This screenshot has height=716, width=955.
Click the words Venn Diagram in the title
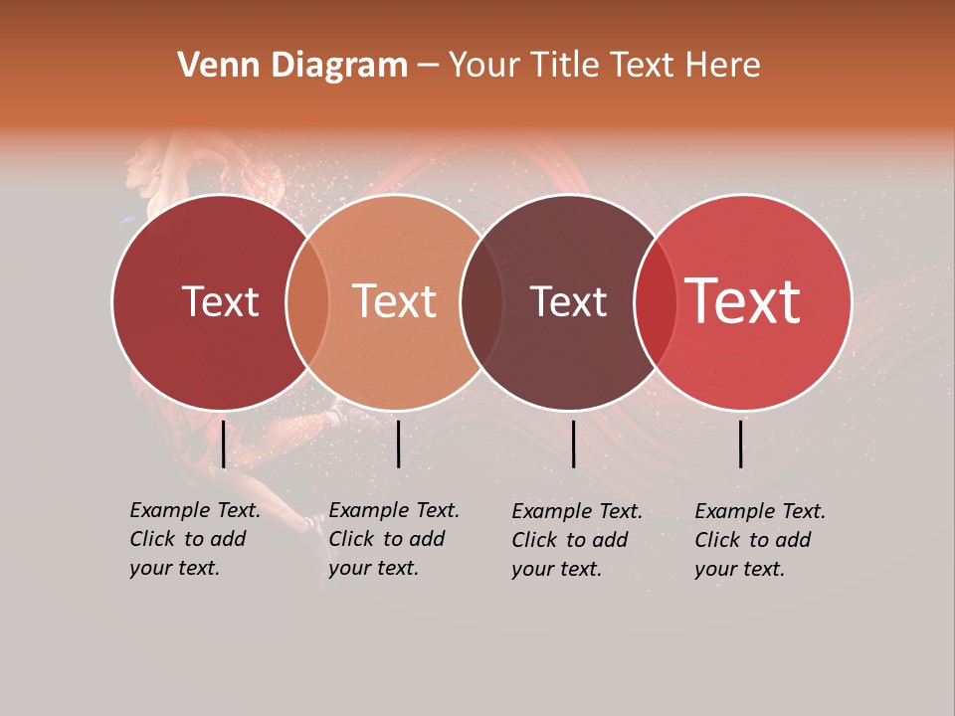point(292,66)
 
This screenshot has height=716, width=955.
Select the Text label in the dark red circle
point(220,302)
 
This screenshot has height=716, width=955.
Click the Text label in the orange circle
point(395,301)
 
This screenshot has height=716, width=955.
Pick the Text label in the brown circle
point(568,302)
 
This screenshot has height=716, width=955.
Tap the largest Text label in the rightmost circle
point(742,301)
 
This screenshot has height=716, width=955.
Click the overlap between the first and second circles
point(307,302)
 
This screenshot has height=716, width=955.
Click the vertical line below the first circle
point(223,444)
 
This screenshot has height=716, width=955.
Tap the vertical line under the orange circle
point(398,444)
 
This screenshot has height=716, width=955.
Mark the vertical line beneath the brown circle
point(573,444)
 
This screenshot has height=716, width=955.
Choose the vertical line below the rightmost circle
point(741,444)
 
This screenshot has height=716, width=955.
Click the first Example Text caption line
point(195,511)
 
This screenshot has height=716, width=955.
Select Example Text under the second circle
point(394,511)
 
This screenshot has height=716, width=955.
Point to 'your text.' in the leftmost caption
point(174,569)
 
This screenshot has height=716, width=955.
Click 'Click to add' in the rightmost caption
point(753,540)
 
